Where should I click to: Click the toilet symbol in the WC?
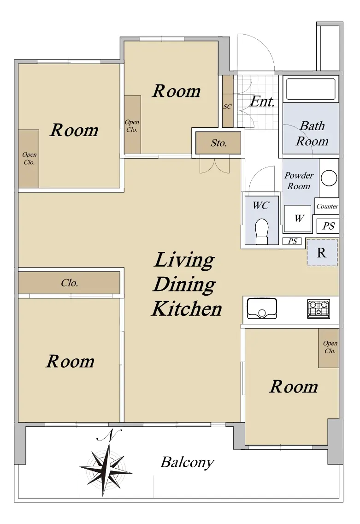pos(261,232)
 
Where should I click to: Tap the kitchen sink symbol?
pos(262,308)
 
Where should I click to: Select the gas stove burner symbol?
pos(318,309)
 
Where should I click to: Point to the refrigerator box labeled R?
pos(322,252)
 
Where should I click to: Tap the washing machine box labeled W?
pos(298,219)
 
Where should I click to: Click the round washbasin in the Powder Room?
pos(329,178)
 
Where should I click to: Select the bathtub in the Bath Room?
pos(311,89)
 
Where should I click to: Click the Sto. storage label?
pos(218,143)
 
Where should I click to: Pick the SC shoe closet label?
pos(227,107)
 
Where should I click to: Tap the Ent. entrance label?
pos(262,101)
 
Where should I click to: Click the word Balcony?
pos(187,463)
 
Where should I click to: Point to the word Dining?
pos(184,285)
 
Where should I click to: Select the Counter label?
pos(327,206)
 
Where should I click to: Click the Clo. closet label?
pos(70,283)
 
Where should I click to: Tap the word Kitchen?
pos(187,309)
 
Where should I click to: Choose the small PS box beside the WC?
pos(292,241)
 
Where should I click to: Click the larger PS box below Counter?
pos(328,226)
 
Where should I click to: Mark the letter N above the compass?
pos(110,435)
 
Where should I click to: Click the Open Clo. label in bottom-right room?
pos(330,347)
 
